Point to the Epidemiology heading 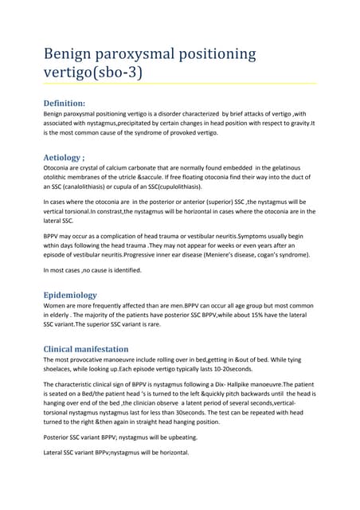(80, 295)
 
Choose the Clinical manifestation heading (96, 348)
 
